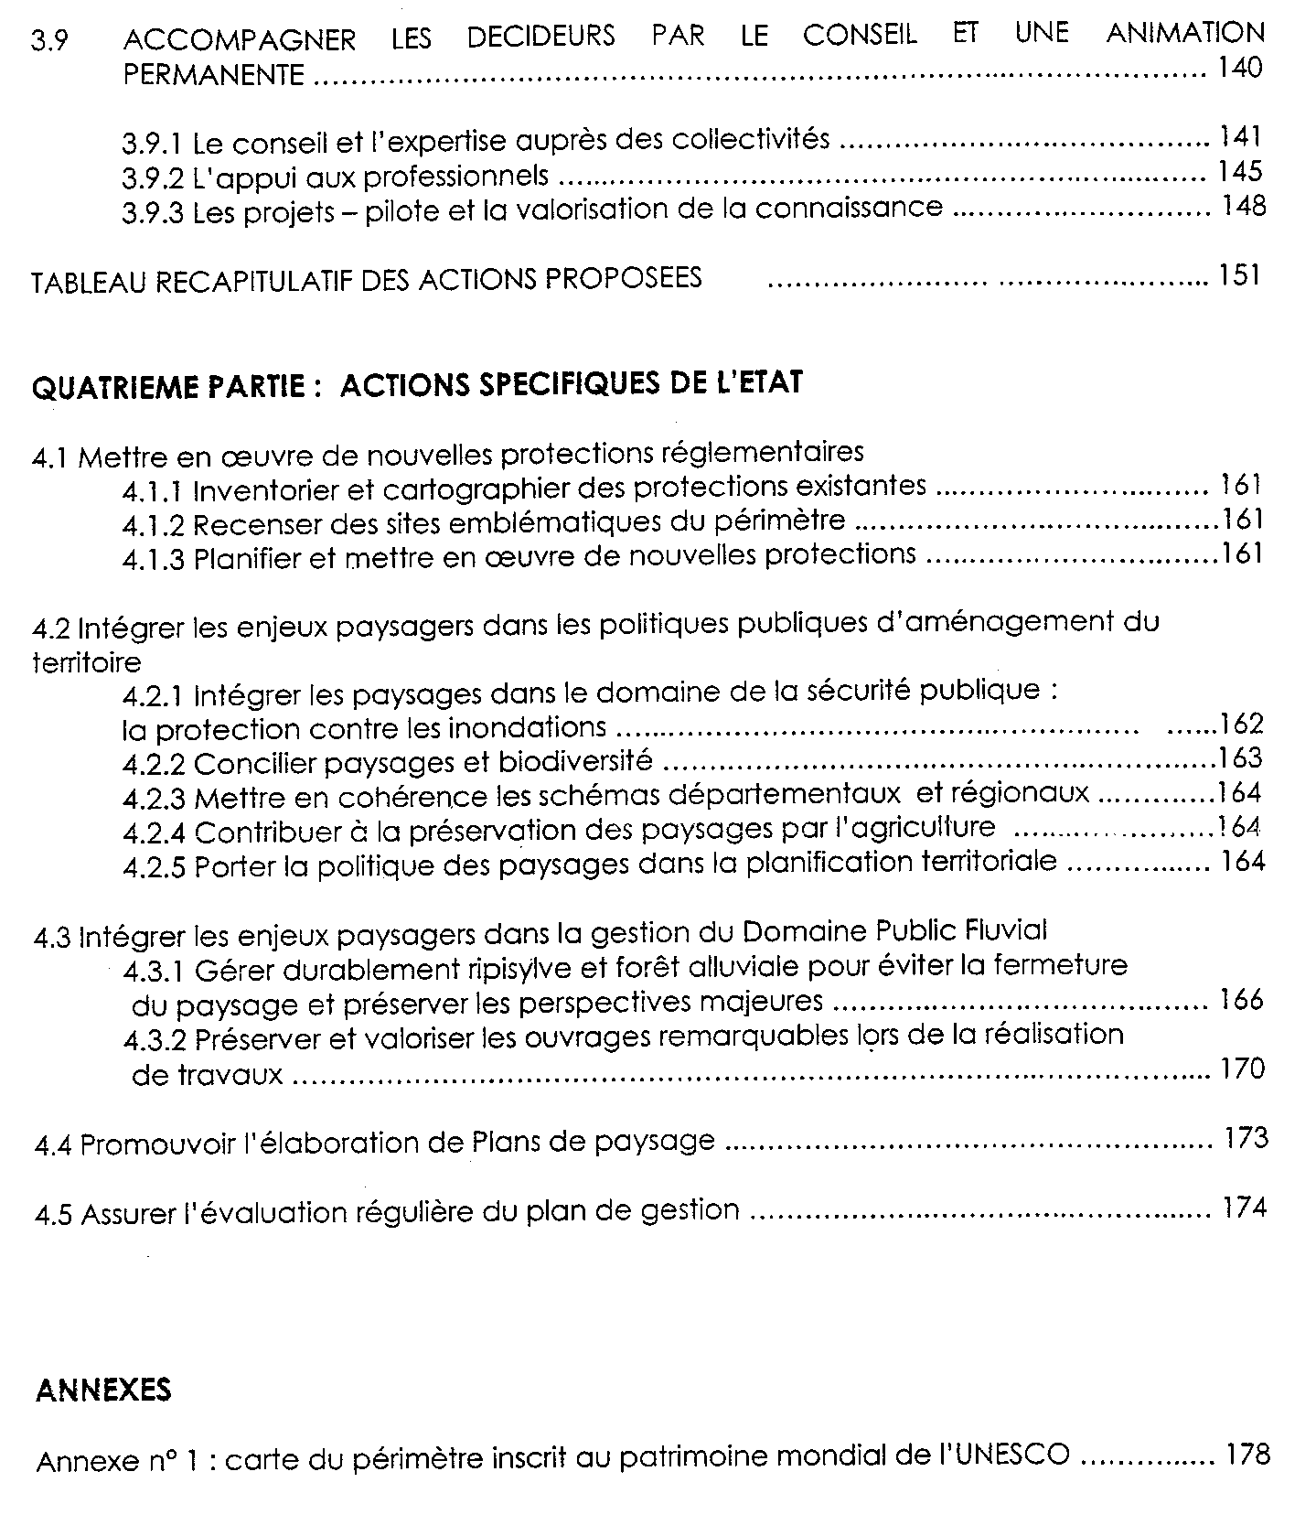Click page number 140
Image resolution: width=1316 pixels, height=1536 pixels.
(x=1240, y=68)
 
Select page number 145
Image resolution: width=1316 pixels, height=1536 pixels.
(x=1240, y=171)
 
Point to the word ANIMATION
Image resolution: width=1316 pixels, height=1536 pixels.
(x=1185, y=34)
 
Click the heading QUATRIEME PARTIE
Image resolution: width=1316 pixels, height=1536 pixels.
(x=168, y=386)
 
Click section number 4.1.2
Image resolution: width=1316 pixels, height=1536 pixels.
(x=154, y=525)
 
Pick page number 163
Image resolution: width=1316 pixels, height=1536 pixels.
(x=1240, y=758)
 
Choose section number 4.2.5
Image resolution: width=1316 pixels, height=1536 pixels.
(x=155, y=866)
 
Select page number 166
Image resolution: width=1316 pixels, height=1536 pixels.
(x=1241, y=999)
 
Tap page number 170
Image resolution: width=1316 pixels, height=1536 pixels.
(x=1242, y=1069)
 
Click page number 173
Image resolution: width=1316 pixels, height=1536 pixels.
(x=1246, y=1139)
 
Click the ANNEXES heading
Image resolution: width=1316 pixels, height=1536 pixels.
(x=103, y=1391)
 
